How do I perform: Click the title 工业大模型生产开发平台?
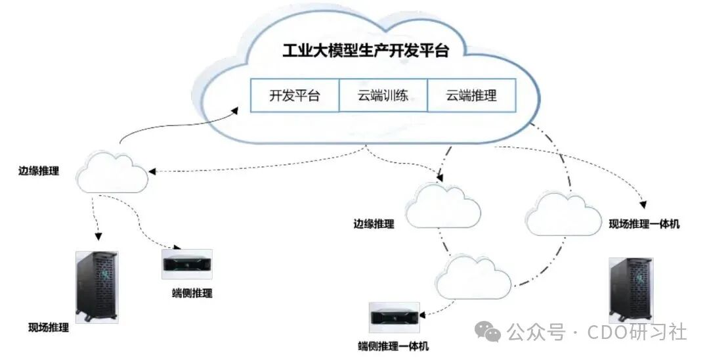click(365, 51)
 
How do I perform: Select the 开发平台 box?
click(294, 95)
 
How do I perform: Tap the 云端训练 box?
click(383, 95)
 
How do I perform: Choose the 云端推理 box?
click(471, 95)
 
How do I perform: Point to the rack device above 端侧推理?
click(187, 264)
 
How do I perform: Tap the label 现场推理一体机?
click(644, 224)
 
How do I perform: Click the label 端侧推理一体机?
click(394, 346)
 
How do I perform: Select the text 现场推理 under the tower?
click(49, 327)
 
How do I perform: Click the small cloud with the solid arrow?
click(112, 171)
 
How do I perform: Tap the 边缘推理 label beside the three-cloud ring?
click(374, 224)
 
